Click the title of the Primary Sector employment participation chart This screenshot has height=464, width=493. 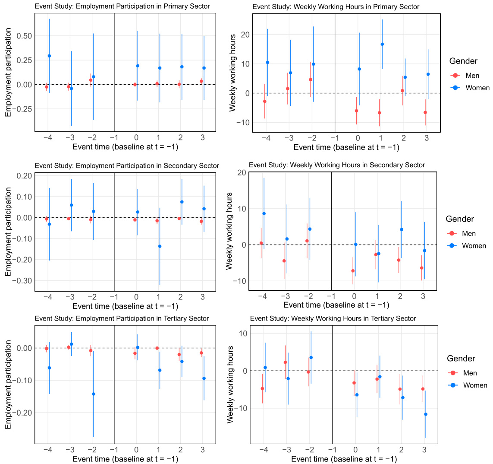pos(122,6)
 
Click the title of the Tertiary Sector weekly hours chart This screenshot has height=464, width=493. pos(333,318)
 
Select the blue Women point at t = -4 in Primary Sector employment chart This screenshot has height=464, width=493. pos(49,56)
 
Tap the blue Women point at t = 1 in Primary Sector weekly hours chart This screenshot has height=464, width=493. pos(382,44)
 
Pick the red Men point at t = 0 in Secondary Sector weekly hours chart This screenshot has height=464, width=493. pos(353,271)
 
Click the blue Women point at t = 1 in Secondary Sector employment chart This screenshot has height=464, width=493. pos(160,246)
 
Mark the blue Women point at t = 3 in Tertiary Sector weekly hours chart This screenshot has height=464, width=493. pos(426,414)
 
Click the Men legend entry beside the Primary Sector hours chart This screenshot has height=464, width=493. pos(472,76)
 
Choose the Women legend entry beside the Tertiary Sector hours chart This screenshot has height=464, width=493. pos(474,385)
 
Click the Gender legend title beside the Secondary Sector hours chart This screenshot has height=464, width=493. pos(460,219)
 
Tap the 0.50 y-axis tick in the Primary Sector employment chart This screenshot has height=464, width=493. pos(24,36)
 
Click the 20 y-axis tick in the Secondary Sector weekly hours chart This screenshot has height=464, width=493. pos(242,173)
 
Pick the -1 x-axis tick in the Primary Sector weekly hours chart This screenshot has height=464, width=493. pos(334,138)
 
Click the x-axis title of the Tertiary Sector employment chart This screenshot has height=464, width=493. pos(125,459)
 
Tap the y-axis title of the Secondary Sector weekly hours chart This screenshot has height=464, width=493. pos(229,231)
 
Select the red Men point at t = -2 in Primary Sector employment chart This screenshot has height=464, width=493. pos(91,80)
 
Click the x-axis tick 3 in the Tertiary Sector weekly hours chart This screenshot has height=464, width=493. pos(424,450)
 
